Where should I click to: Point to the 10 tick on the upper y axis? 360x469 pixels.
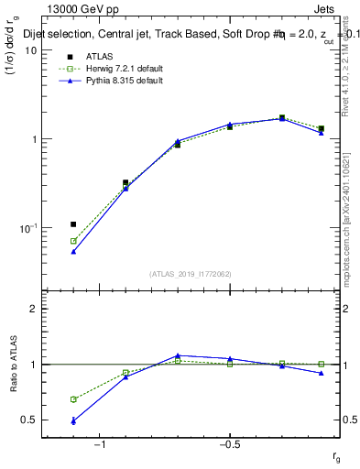point(30,51)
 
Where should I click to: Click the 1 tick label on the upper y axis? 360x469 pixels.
point(33,140)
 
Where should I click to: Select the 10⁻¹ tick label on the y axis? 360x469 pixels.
point(27,228)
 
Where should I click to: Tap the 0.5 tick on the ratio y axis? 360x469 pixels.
point(29,420)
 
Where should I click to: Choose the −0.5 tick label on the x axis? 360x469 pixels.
point(229,444)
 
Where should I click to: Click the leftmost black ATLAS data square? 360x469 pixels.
point(73,224)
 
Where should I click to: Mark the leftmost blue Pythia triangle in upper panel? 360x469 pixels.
point(73,251)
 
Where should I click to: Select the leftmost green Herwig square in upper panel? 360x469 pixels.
point(73,241)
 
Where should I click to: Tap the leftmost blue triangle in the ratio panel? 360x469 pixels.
point(73,420)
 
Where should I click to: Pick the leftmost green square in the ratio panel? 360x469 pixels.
point(73,399)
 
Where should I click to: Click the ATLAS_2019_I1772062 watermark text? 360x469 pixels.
point(191,273)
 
